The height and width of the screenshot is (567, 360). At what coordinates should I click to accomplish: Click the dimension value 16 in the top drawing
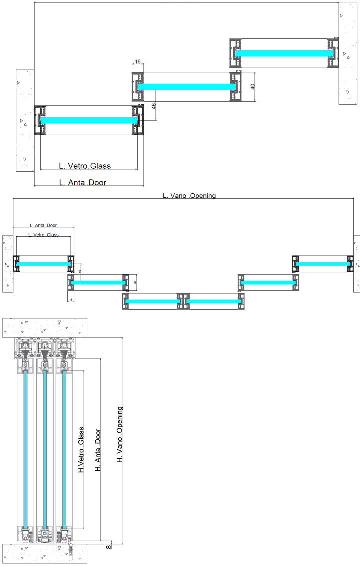click(x=138, y=61)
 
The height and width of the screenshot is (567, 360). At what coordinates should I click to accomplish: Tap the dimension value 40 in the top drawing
click(x=253, y=86)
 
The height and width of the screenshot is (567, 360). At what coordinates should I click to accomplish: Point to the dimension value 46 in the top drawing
click(x=154, y=106)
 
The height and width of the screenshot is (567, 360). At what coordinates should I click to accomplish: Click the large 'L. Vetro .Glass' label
click(x=85, y=166)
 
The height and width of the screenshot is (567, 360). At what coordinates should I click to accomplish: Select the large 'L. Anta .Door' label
click(x=83, y=183)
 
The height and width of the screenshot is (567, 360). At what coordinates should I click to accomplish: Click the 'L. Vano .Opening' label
click(x=189, y=196)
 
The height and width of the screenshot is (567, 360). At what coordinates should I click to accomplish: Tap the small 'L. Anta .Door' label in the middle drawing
click(x=44, y=226)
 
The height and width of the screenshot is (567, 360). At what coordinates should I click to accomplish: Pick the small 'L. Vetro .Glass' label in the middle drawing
click(x=43, y=235)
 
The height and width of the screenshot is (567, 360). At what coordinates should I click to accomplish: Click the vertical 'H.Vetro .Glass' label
click(x=81, y=450)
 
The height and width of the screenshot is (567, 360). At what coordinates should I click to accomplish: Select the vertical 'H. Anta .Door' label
click(x=98, y=449)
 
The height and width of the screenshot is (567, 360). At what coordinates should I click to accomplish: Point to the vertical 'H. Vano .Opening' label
click(x=120, y=435)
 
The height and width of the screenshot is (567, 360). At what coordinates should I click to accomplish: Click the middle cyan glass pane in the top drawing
click(x=186, y=86)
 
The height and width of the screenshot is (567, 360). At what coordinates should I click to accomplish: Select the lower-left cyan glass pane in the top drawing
click(x=88, y=120)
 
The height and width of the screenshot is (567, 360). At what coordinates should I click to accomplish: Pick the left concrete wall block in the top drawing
click(x=24, y=120)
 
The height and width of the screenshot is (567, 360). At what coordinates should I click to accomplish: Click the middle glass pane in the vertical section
click(x=45, y=450)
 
